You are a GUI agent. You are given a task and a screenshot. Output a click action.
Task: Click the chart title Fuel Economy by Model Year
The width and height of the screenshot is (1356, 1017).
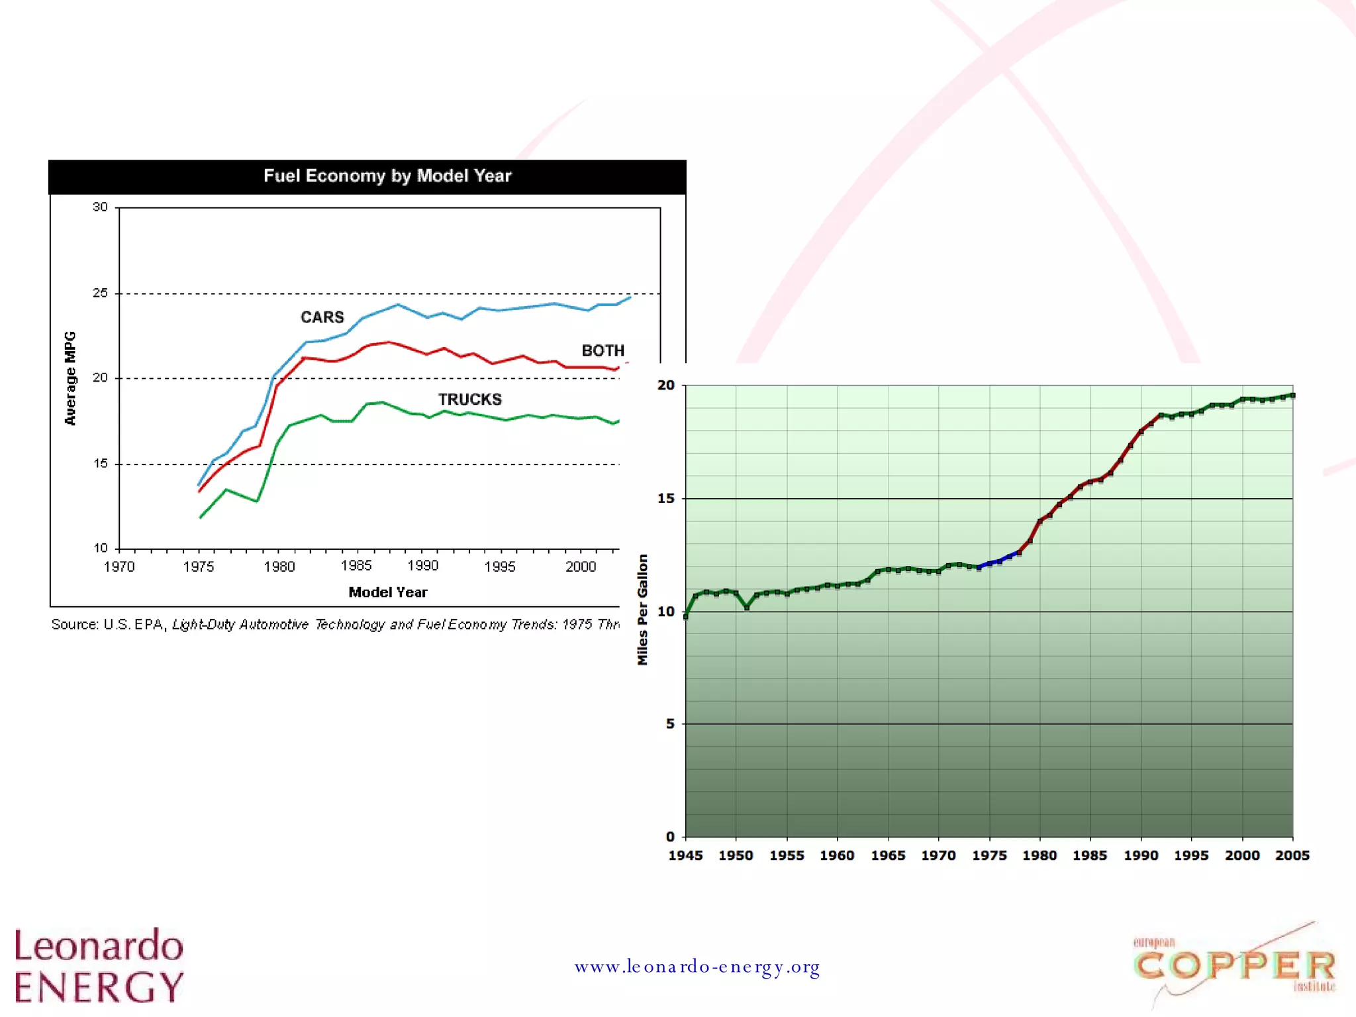click(x=387, y=176)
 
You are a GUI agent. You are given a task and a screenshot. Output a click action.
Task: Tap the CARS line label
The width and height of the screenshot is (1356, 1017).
click(x=322, y=317)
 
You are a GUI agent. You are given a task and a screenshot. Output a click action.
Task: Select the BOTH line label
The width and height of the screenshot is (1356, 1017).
click(x=603, y=350)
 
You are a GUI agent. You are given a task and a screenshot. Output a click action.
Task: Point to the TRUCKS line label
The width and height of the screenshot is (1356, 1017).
click(x=469, y=400)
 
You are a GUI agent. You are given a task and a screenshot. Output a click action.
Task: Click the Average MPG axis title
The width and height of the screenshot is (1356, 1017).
click(x=70, y=378)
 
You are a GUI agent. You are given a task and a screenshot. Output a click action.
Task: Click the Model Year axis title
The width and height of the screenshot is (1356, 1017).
click(x=388, y=592)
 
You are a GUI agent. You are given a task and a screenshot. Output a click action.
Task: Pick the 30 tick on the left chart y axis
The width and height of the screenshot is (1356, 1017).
click(x=100, y=207)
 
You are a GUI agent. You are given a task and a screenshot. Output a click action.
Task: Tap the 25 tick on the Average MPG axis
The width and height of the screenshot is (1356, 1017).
click(x=100, y=293)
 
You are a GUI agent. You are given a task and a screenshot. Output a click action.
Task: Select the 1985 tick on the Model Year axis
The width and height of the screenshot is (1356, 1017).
click(x=356, y=566)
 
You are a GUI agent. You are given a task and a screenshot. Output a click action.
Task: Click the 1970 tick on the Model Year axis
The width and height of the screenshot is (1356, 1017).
click(x=119, y=567)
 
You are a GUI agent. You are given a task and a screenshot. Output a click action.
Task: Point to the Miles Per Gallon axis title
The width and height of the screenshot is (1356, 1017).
click(x=642, y=610)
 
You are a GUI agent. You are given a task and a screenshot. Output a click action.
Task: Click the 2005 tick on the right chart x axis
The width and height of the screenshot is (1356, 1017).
click(x=1292, y=855)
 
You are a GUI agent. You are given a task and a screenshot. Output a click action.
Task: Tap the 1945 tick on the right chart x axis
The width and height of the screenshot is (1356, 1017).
click(x=685, y=855)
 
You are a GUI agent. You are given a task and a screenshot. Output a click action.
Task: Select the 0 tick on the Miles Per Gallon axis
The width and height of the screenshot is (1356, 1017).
click(x=670, y=837)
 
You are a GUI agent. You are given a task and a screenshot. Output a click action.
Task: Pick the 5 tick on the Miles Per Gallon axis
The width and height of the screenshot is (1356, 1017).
click(x=670, y=723)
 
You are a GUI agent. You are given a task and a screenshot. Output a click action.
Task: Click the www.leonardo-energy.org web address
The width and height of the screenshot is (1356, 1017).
click(x=697, y=967)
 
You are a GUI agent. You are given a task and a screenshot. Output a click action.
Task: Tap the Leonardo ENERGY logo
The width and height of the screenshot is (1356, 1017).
click(x=99, y=965)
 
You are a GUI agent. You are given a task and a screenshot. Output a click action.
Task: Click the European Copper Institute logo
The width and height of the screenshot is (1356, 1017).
click(x=1235, y=965)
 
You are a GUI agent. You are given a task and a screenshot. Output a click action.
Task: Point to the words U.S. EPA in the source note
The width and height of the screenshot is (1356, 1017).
click(x=133, y=625)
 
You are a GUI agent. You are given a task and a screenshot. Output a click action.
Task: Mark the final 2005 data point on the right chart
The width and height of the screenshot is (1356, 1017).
click(x=1292, y=396)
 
